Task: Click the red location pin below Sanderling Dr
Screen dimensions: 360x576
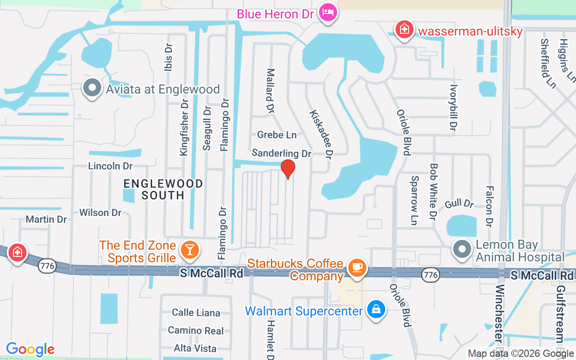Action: click(x=288, y=169)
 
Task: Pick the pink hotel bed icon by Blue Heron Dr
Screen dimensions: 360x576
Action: click(x=325, y=12)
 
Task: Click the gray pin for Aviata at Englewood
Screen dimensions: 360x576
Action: click(x=92, y=88)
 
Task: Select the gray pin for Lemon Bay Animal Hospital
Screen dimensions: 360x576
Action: click(x=462, y=249)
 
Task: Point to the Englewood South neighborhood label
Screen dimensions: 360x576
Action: click(x=163, y=189)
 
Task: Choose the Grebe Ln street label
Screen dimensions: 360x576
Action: click(x=277, y=135)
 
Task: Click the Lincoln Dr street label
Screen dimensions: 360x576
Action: click(x=110, y=166)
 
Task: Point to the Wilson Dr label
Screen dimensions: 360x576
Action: click(x=100, y=212)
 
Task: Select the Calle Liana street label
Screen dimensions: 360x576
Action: click(x=196, y=313)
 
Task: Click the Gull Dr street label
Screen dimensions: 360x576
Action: click(x=459, y=204)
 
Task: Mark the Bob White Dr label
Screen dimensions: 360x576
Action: click(x=434, y=191)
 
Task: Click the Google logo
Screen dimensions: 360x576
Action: click(x=31, y=349)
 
